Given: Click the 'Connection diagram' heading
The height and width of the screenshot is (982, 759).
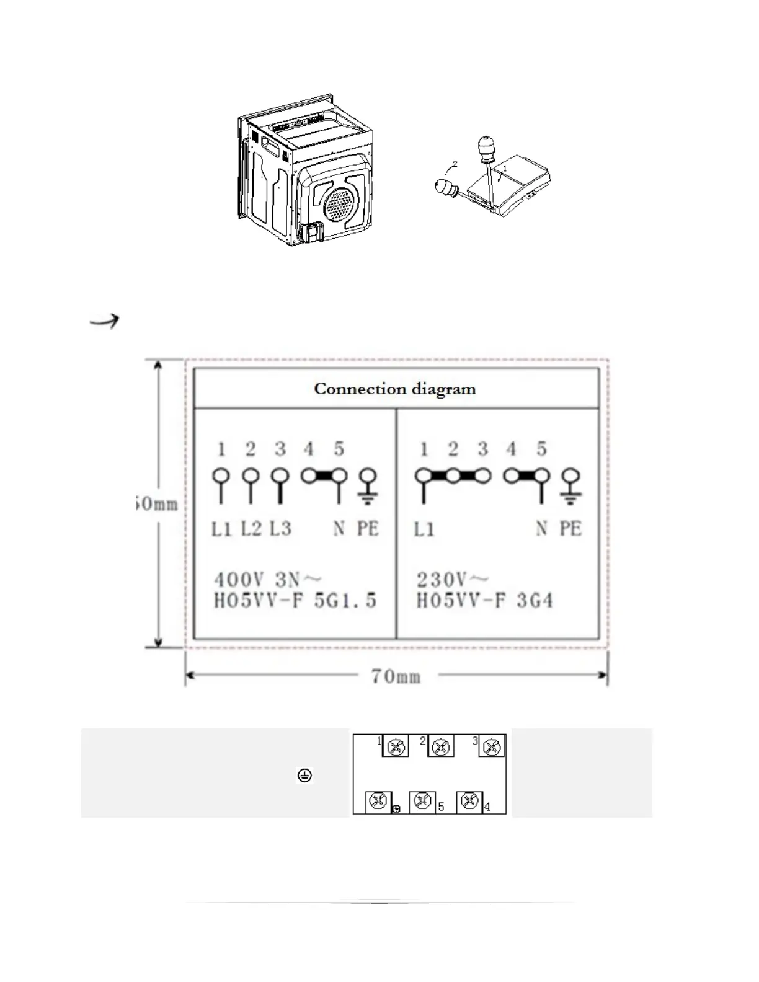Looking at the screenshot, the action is tap(395, 389).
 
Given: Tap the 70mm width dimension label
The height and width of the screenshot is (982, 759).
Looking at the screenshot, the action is tap(396, 676).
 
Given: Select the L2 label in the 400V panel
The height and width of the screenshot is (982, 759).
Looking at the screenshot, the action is tap(251, 528).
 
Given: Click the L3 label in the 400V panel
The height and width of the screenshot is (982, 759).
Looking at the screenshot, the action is tap(280, 528).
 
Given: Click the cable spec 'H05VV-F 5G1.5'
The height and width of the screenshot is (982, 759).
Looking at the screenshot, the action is tap(295, 601).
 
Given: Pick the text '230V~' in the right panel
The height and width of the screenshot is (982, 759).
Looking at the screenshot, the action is tap(452, 580).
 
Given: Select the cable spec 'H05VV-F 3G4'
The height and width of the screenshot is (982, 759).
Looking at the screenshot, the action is tap(484, 601).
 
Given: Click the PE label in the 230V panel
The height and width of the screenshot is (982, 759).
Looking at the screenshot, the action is tap(570, 529).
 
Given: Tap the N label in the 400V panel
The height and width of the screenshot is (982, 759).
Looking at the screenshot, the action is tap(339, 529).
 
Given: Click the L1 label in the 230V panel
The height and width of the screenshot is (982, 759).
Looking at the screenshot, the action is tap(424, 529).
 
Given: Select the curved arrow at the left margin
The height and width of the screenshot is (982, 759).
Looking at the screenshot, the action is tap(104, 321).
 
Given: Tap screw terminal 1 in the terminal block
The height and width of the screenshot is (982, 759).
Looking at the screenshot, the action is tap(396, 747).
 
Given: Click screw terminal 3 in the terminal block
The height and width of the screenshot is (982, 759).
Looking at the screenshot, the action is tap(492, 747).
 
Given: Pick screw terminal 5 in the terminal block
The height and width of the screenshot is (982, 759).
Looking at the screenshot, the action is tap(422, 802).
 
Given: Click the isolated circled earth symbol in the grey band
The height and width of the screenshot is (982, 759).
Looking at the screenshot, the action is tap(304, 775).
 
